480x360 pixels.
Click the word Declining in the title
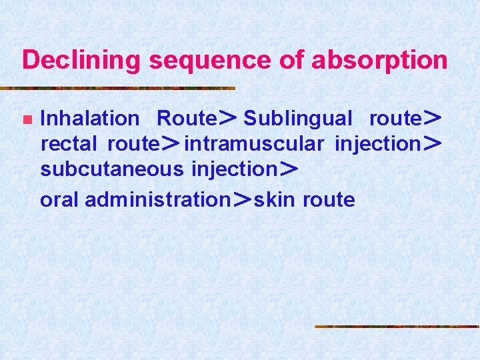pos(81,60)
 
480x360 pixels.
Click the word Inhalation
pos(89,119)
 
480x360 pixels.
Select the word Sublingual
pos(297,119)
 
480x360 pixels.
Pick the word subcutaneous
pos(111,169)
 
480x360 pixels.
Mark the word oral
pos(60,199)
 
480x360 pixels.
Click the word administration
pos(157,199)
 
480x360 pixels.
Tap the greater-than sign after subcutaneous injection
pos(288,170)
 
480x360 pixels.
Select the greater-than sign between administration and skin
pos(241,199)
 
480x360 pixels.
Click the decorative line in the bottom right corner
pos(397,327)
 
